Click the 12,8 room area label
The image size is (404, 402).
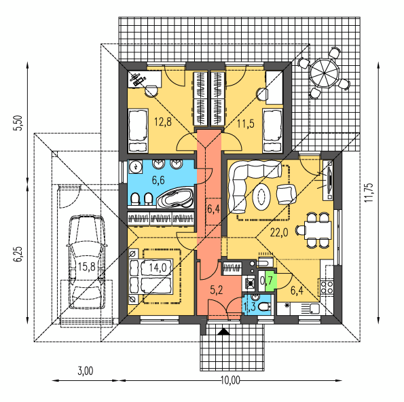[163, 122]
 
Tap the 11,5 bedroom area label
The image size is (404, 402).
[246, 124]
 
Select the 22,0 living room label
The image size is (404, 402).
[279, 233]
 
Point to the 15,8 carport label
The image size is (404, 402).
[87, 267]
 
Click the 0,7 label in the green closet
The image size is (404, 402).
[266, 280]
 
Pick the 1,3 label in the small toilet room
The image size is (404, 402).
[249, 307]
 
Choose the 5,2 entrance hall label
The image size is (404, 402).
[216, 290]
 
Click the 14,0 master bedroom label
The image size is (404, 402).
[158, 268]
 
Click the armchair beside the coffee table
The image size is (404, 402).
[287, 194]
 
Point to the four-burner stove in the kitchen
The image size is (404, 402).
[327, 287]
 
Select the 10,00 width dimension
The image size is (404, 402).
[230, 380]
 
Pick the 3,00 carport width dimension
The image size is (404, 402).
[86, 371]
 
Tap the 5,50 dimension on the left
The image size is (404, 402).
[18, 123]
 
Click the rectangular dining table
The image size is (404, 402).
[318, 230]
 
